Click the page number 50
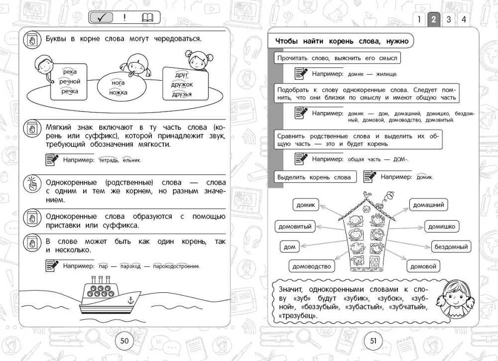[124, 341]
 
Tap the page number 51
[373, 341]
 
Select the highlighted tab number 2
[433, 20]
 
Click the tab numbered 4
[464, 20]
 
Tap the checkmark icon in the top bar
[102, 18]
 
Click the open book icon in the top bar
[148, 18]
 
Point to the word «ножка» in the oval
[119, 93]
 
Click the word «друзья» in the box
[182, 95]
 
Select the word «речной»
[70, 82]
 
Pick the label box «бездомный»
[451, 246]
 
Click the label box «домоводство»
[312, 266]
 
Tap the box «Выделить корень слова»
[314, 177]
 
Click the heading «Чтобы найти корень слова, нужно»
[342, 41]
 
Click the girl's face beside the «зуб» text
[455, 299]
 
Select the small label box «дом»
[289, 246]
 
